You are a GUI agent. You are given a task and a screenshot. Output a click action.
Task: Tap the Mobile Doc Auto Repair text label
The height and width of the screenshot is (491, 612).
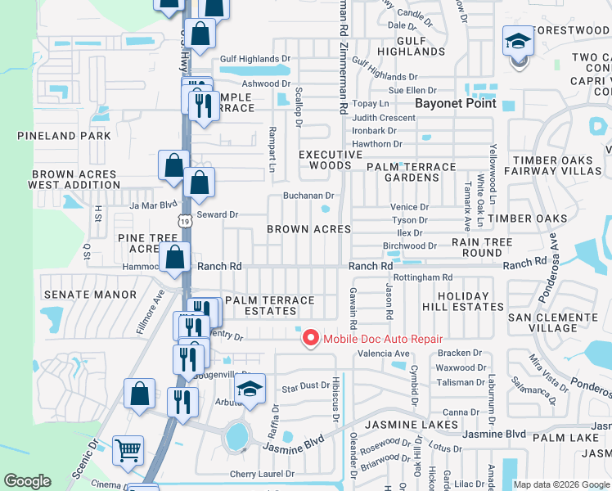(x=382, y=339)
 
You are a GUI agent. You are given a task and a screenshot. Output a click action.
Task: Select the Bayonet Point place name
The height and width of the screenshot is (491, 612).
(x=456, y=104)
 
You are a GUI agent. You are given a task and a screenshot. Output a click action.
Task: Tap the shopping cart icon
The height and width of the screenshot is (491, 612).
(x=128, y=449)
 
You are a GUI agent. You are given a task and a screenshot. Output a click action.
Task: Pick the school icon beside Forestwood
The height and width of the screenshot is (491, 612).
(x=518, y=43)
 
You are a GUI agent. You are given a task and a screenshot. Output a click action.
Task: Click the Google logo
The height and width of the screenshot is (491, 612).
(x=27, y=481)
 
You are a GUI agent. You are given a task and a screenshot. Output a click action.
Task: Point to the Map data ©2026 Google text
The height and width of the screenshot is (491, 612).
(x=561, y=484)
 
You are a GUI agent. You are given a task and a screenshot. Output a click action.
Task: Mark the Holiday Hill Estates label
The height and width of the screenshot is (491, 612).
(x=462, y=301)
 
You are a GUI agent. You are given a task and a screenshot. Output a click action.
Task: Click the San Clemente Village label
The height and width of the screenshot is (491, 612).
(x=554, y=322)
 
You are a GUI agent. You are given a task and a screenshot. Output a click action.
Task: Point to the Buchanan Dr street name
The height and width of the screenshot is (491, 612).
(x=308, y=196)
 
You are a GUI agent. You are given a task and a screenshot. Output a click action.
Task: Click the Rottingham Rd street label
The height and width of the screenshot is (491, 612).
(x=423, y=277)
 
